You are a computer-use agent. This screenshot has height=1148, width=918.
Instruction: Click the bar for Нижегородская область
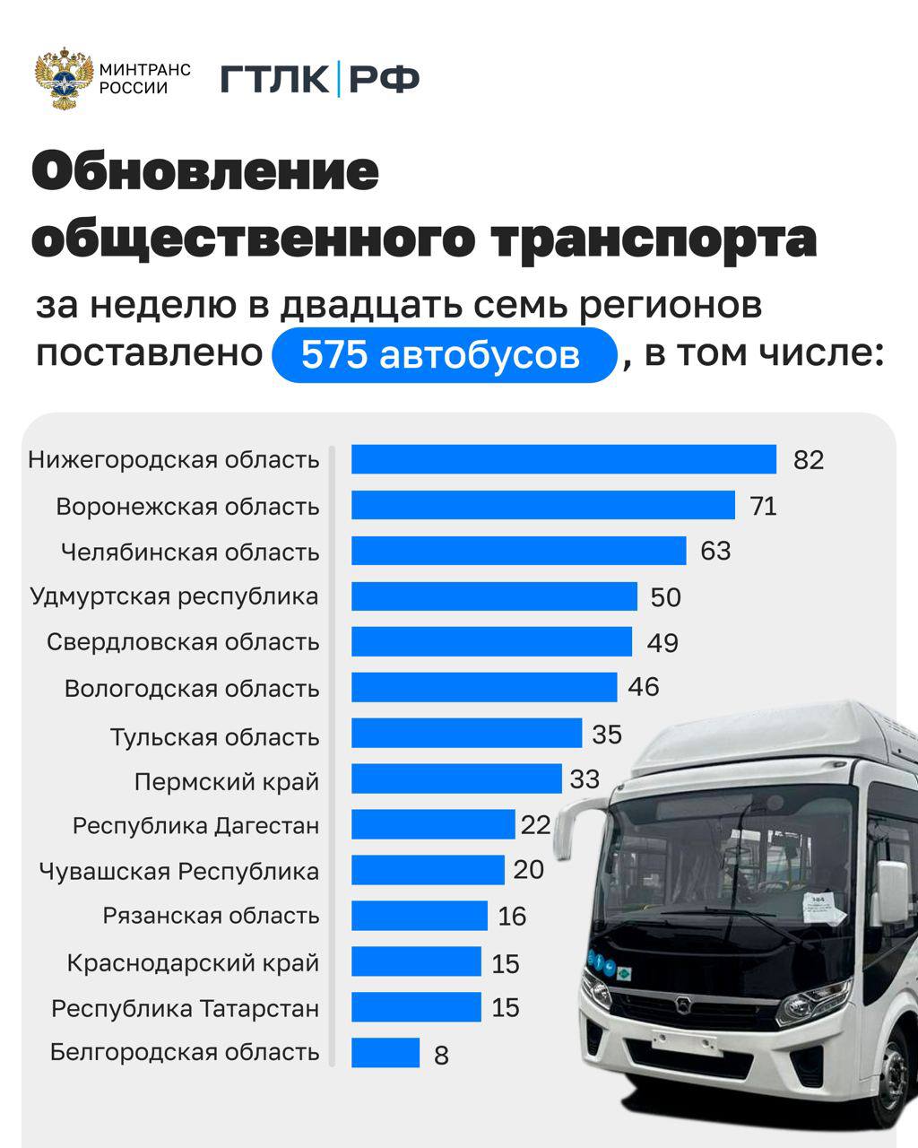pyautogui.click(x=563, y=459)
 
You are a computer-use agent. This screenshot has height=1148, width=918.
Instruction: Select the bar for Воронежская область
pyautogui.click(x=542, y=505)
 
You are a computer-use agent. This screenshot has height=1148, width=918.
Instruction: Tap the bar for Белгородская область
pyautogui.click(x=385, y=1053)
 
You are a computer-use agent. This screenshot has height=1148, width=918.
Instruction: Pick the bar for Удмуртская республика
pyautogui.click(x=494, y=596)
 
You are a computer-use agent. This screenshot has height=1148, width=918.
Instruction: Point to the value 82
pyautogui.click(x=808, y=460)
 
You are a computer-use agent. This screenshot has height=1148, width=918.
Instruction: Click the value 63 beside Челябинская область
pyautogui.click(x=715, y=551)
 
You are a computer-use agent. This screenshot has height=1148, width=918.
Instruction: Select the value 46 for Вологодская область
pyautogui.click(x=644, y=688)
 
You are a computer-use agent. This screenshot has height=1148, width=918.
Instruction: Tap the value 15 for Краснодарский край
pyautogui.click(x=506, y=963)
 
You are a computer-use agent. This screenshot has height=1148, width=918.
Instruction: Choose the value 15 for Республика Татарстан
pyautogui.click(x=506, y=1008)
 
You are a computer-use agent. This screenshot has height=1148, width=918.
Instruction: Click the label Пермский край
pyautogui.click(x=227, y=782)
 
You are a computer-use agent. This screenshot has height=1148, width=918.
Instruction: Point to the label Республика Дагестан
pyautogui.click(x=195, y=826)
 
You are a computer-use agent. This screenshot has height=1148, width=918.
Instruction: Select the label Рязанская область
pyautogui.click(x=211, y=917)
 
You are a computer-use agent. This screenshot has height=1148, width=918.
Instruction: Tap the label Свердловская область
pyautogui.click(x=183, y=642)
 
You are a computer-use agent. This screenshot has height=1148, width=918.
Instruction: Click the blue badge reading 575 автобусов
pyautogui.click(x=445, y=356)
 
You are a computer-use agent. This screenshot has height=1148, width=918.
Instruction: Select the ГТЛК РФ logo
pyautogui.click(x=320, y=80)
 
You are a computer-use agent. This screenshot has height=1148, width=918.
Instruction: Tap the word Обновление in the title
pyautogui.click(x=206, y=171)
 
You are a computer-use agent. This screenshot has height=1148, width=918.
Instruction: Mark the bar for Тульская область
pyautogui.click(x=466, y=734)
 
